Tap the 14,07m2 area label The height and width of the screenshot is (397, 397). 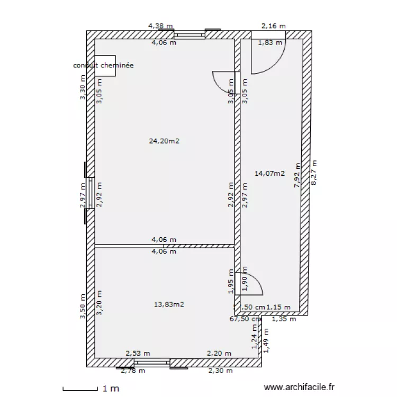point(269,173)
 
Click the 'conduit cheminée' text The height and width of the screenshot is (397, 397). point(103,66)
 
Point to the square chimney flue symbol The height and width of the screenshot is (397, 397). point(105,66)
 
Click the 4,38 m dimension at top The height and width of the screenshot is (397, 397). point(160,25)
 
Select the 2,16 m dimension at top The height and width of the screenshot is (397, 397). point(274,25)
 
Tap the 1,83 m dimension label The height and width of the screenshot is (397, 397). point(269,43)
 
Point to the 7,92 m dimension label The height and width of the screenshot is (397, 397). point(297,176)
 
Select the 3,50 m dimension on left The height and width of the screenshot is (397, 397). point(83,307)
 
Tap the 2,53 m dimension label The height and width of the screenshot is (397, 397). point(138,354)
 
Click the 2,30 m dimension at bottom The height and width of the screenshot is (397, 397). point(220,371)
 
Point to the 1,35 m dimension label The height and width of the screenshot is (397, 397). point(284,319)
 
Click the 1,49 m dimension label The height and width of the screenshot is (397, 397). point(266,340)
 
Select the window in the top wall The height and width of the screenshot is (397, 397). point(190,35)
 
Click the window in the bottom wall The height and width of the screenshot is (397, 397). point(152,363)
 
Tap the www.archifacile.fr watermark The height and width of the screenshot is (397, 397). point(299,388)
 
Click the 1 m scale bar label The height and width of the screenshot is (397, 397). point(111,389)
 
